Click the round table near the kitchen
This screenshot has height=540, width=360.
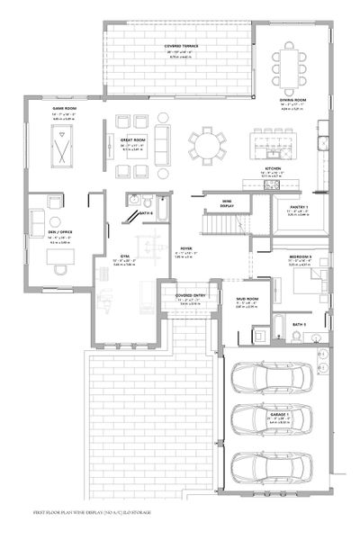[208, 145]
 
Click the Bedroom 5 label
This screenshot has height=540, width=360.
[301, 256]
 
